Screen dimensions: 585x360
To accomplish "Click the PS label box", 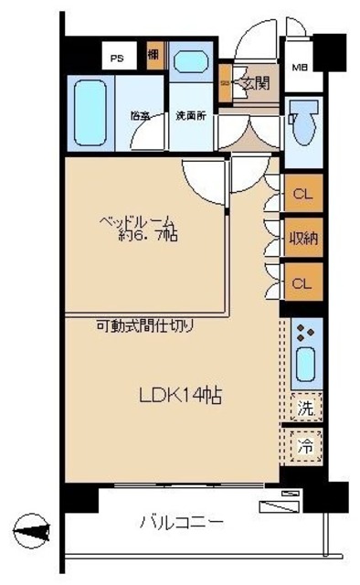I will click(x=117, y=57).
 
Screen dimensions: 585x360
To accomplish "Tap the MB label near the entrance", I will click(x=299, y=68).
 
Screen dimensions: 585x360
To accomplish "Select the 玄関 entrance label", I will click(x=255, y=84).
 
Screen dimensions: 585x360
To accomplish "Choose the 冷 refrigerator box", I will click(x=306, y=448).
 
